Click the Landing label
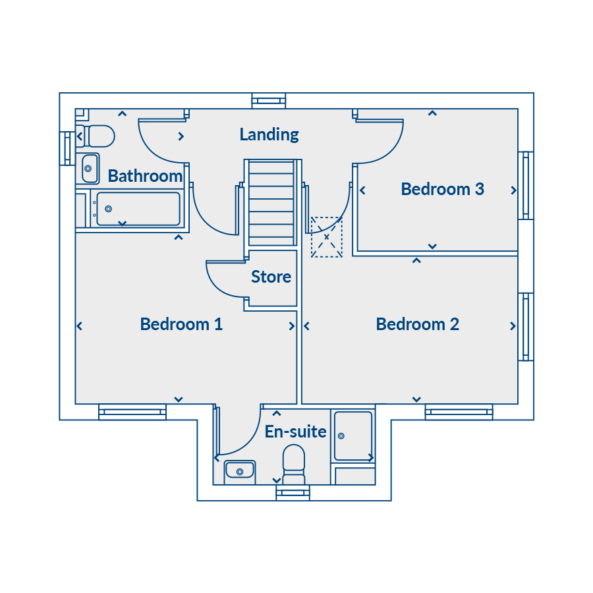click(269, 134)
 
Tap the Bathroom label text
click(145, 176)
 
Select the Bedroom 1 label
click(181, 324)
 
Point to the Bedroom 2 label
click(417, 324)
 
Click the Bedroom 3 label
click(442, 189)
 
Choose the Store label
click(271, 277)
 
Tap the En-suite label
click(295, 432)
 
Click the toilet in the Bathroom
click(96, 136)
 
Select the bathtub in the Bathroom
click(137, 209)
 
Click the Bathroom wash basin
click(89, 168)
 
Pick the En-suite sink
click(240, 471)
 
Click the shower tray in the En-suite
click(353, 436)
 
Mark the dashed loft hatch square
click(327, 237)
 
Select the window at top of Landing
click(269, 101)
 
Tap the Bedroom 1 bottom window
click(132, 412)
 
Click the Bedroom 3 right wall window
click(526, 185)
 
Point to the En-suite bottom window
click(293, 492)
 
